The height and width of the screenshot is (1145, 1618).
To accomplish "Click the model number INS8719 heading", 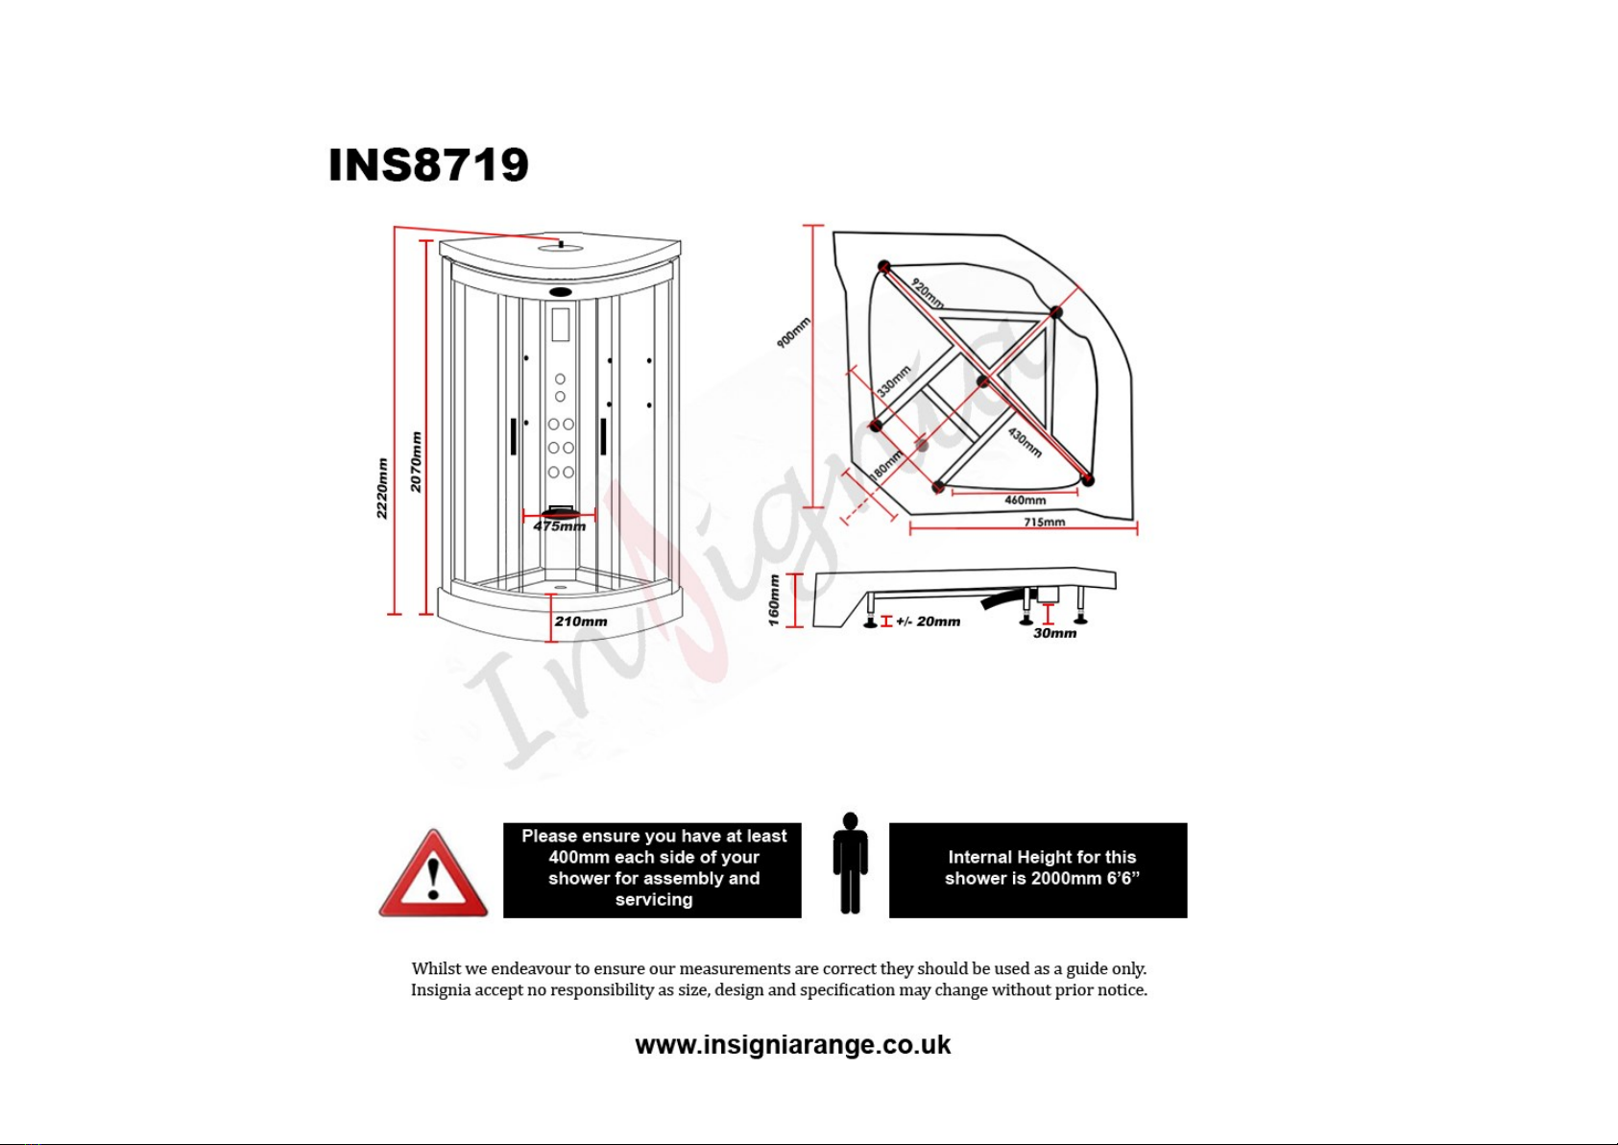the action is [x=428, y=164].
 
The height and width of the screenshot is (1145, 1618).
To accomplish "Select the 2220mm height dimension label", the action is [x=382, y=488].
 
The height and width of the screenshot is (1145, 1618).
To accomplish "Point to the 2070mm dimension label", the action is [x=416, y=462].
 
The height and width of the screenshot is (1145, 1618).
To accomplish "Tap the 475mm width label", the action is [x=560, y=526].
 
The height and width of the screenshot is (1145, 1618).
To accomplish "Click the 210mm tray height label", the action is [x=581, y=621].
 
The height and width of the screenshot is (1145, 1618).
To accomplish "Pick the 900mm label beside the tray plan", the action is [x=793, y=333].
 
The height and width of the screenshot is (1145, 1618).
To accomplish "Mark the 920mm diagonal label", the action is [x=927, y=293].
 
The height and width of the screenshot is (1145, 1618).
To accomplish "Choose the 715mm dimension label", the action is [x=1045, y=522].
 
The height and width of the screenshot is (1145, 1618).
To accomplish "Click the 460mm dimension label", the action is [x=1025, y=499].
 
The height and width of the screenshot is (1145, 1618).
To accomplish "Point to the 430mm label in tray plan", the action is [x=1025, y=443].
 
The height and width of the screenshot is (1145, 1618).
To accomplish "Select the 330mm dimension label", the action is [x=894, y=381].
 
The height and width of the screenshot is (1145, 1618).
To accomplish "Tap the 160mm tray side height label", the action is [x=774, y=600].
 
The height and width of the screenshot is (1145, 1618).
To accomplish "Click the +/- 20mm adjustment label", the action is [x=929, y=621].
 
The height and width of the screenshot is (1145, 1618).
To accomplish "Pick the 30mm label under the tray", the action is [x=1054, y=634].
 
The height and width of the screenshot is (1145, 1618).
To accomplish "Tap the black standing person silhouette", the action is [x=850, y=864].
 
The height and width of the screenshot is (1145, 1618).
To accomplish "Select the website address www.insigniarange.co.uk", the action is [x=793, y=1045].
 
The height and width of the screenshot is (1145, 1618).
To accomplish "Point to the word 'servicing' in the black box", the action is [x=654, y=900].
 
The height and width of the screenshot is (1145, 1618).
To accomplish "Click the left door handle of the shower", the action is [x=514, y=436].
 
